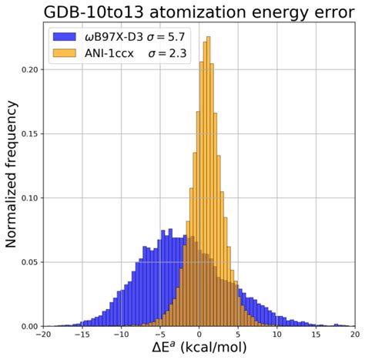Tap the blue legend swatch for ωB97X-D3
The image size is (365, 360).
64,36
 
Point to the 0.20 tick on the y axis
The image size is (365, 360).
31,69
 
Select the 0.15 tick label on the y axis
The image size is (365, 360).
31,133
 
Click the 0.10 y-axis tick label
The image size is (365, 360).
31,198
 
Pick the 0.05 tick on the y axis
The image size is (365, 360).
31,262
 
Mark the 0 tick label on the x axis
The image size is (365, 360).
199,335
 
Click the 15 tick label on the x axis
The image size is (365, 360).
316,335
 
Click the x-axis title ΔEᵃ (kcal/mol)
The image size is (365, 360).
199,349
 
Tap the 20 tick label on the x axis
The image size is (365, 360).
353,335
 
